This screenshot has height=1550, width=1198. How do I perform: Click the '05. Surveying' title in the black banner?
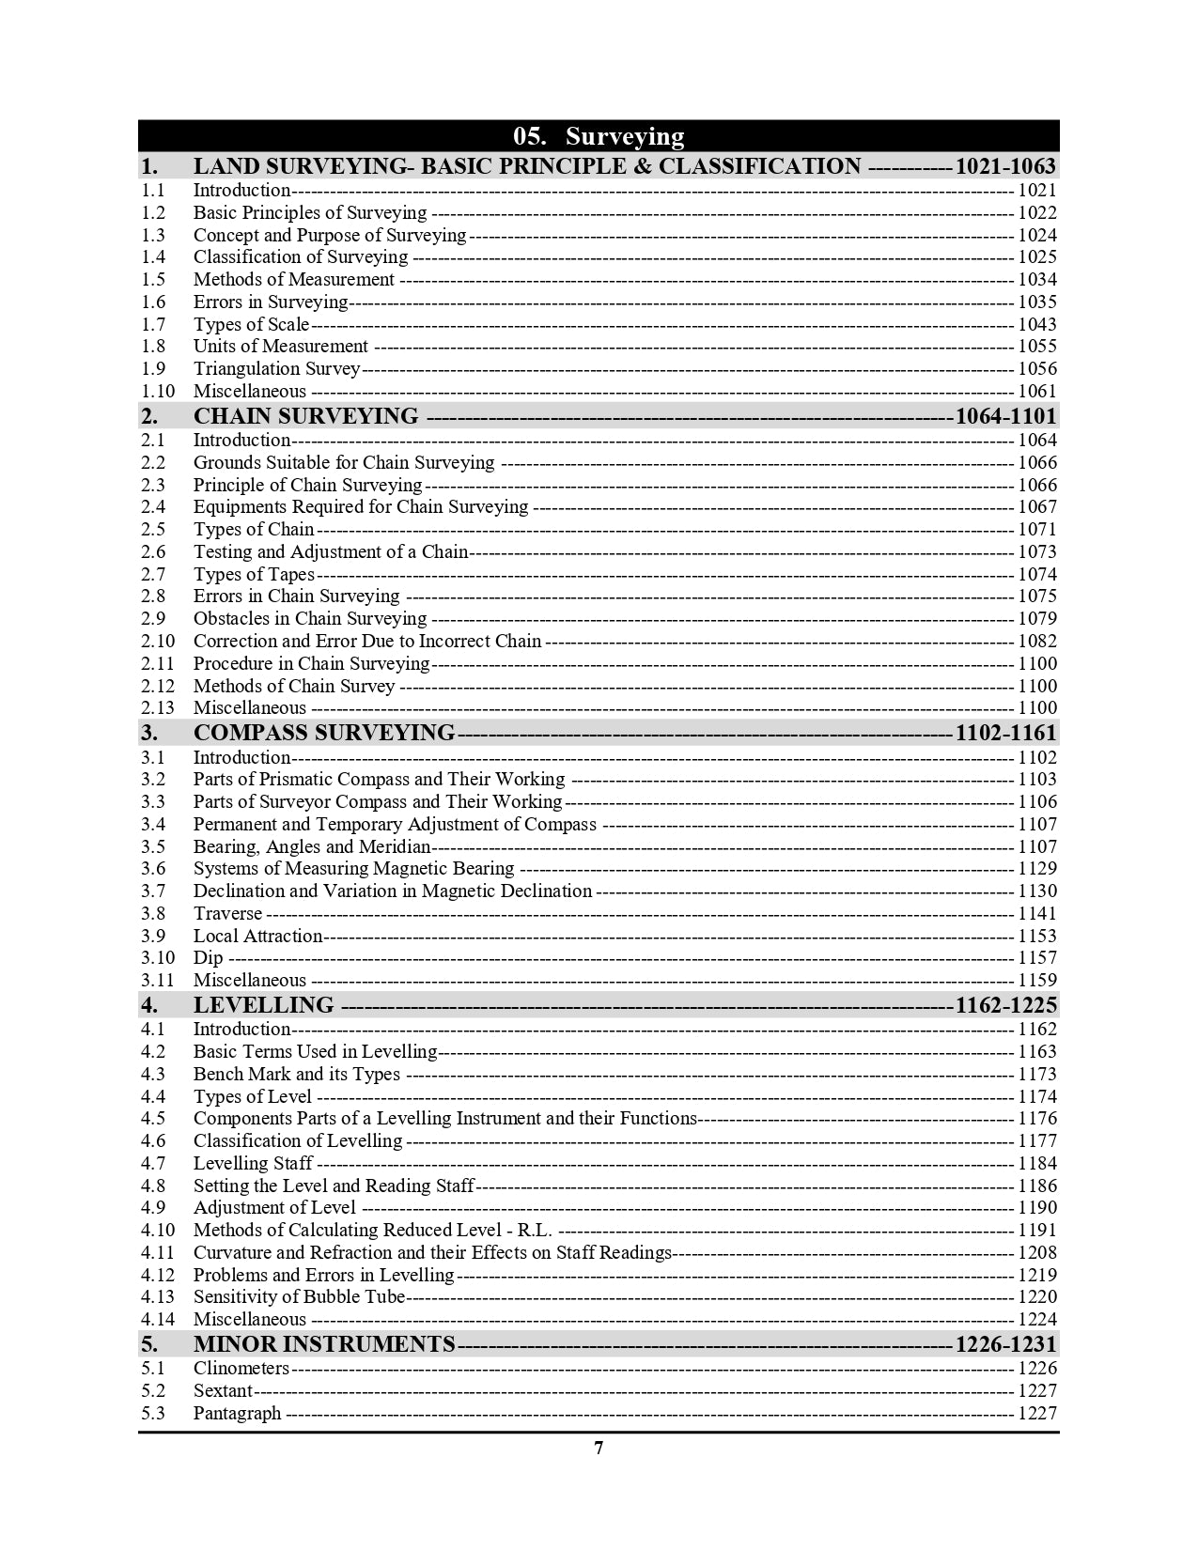click(x=599, y=136)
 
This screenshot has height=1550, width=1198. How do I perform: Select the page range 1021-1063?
click(x=1004, y=167)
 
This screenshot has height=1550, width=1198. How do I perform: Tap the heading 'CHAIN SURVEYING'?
click(x=305, y=416)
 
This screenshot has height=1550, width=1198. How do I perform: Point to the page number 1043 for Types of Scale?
click(x=1037, y=324)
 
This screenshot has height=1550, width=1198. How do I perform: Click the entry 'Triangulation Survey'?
click(x=276, y=369)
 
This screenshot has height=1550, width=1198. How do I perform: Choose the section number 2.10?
click(x=158, y=642)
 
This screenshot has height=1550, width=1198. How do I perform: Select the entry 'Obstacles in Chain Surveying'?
click(x=309, y=619)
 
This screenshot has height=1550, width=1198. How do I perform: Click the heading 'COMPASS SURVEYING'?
click(x=323, y=733)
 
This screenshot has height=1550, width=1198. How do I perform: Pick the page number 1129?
click(x=1037, y=869)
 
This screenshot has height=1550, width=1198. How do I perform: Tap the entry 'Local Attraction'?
click(x=257, y=937)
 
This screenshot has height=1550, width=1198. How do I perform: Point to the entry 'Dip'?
click(x=208, y=958)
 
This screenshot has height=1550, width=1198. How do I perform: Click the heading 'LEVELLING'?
click(x=263, y=1005)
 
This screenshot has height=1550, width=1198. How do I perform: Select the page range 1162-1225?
click(x=1005, y=1005)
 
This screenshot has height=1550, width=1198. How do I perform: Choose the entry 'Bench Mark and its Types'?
click(x=296, y=1075)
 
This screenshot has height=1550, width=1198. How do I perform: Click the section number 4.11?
click(x=158, y=1253)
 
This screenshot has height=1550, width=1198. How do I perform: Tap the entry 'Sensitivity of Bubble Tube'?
click(x=299, y=1297)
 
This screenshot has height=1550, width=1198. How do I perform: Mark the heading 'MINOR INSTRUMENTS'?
click(x=323, y=1344)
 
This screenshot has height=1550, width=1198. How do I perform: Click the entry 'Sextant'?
click(x=223, y=1391)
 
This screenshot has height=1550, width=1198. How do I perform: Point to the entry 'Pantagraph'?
click(x=237, y=1414)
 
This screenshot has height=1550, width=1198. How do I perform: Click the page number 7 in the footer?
click(x=599, y=1448)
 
